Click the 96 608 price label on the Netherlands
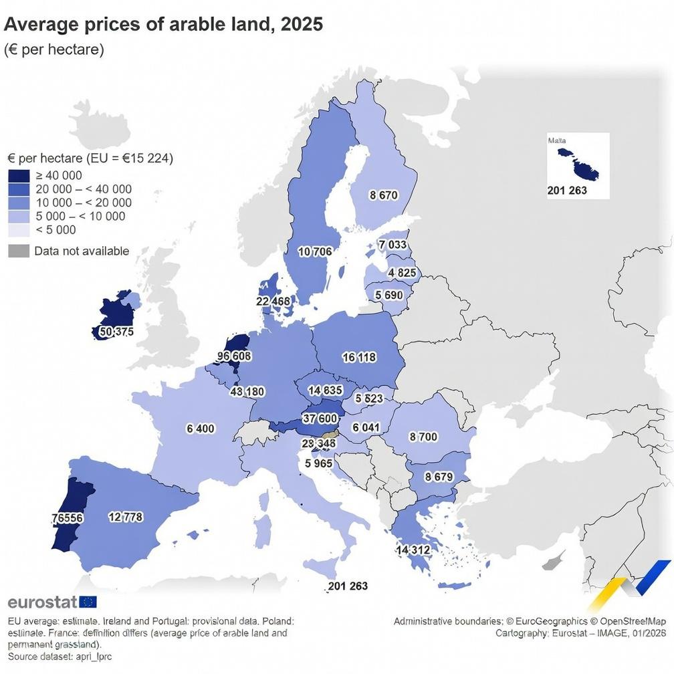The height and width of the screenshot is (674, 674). coord(234,356)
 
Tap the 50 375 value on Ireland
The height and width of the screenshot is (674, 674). coord(116,331)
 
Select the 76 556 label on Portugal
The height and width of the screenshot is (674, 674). coord(67,518)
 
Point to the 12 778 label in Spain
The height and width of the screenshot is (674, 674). coord(125,516)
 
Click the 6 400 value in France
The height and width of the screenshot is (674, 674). coord(200,428)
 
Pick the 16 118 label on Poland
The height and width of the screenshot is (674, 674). coord(359,357)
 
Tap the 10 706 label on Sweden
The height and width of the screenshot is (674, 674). coord(314,251)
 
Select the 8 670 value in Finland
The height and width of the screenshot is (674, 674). coord(383,195)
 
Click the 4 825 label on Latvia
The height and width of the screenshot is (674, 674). coord(402,273)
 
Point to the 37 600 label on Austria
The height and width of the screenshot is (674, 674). coord(320,418)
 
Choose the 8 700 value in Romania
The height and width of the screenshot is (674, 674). coord(423,437)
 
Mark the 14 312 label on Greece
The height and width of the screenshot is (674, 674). coord(413,549)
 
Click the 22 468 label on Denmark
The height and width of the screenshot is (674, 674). coord(273,301)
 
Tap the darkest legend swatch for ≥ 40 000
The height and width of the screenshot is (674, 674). coord(19,176)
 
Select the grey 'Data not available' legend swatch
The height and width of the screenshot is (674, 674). coord(19,251)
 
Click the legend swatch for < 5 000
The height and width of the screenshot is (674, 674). coord(19,230)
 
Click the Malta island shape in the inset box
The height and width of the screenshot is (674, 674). coord(575,163)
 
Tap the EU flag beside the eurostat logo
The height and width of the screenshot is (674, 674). coord(88,602)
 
